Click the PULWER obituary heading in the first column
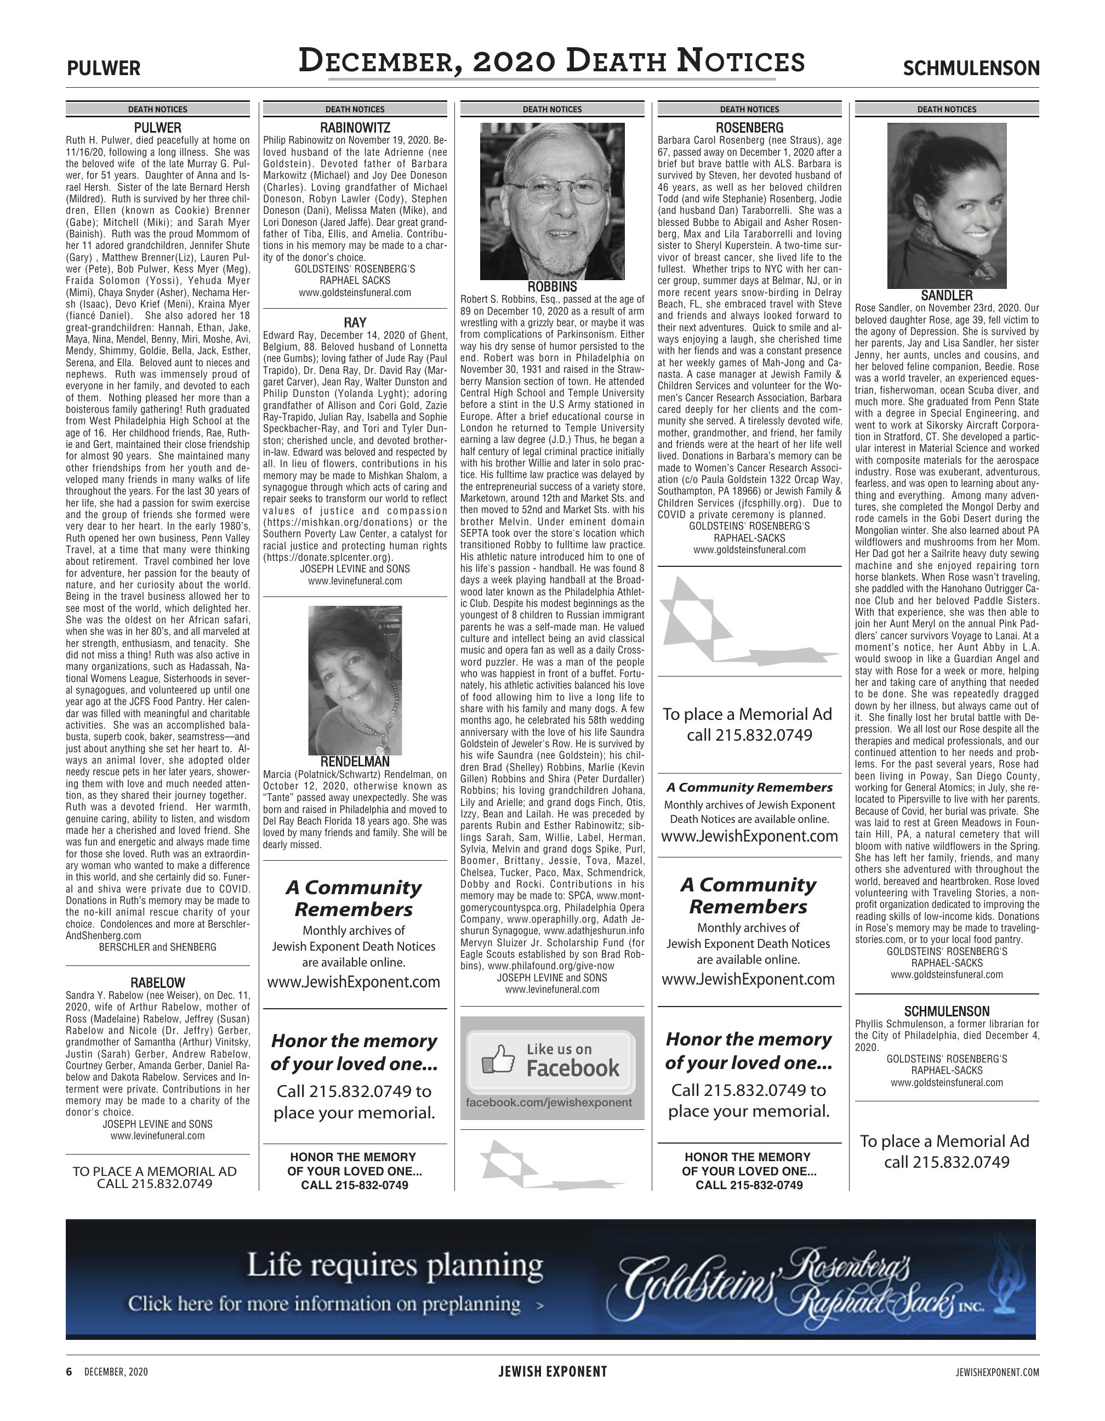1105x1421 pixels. tap(157, 128)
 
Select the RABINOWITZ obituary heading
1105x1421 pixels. tap(355, 128)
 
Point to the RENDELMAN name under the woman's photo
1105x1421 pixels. tap(355, 762)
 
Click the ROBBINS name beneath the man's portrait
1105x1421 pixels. tap(552, 287)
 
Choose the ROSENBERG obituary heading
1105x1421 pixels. tap(749, 128)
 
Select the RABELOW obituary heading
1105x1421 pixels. tap(157, 983)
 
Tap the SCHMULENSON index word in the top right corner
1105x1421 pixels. tap(970, 69)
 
